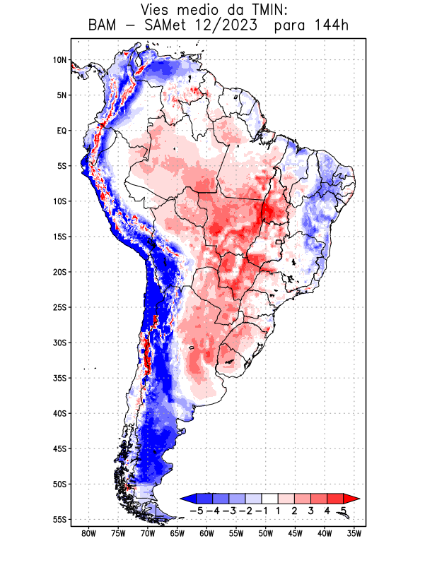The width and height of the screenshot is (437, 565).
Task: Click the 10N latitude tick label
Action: click(x=59, y=60)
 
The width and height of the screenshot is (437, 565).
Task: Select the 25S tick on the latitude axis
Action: click(x=59, y=307)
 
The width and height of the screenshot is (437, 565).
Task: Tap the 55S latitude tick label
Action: click(x=59, y=519)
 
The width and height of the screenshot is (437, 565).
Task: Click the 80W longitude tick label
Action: click(x=88, y=533)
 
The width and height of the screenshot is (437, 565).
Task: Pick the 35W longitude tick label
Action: click(x=354, y=533)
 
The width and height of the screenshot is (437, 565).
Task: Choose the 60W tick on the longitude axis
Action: click(x=206, y=533)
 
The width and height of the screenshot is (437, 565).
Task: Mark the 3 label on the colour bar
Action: click(x=311, y=510)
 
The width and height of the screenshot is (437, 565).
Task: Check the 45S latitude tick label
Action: click(x=59, y=448)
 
